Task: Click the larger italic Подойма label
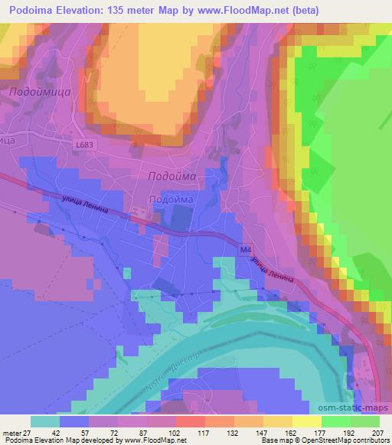(171, 176)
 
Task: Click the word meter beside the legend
(11, 433)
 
